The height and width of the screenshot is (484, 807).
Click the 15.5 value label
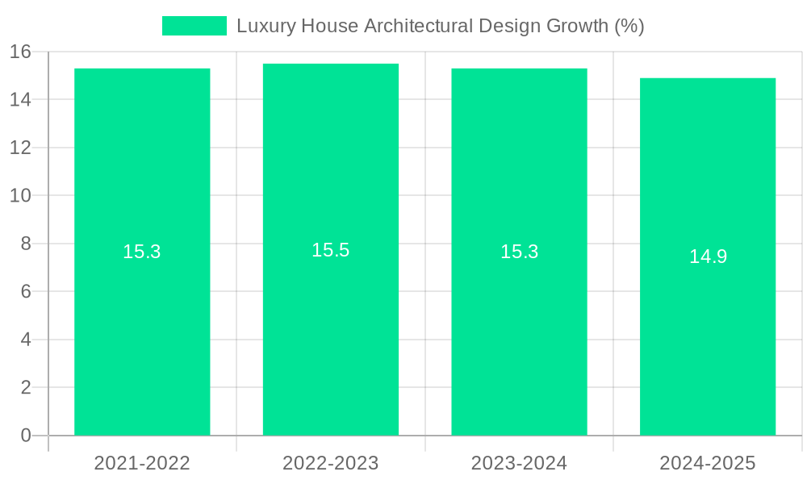pos(331,250)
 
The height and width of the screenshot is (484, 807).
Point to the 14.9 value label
pos(708,257)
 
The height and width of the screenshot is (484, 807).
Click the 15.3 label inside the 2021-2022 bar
pos(142,252)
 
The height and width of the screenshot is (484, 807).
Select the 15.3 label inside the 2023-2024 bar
pos(519,252)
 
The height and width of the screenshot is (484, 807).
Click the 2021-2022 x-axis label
pos(142,463)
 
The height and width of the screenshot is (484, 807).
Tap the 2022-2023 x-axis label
pos(331,463)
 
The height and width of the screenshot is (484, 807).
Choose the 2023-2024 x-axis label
pos(519,463)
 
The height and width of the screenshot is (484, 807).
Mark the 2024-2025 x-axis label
pos(708,463)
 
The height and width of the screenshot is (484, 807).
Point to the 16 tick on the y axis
pos(20,52)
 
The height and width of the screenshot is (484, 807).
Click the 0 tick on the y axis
pos(26,436)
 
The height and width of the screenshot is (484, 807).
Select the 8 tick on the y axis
pos(26,244)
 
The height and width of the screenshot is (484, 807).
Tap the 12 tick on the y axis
pos(20,148)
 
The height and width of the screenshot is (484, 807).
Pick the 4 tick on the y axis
pos(26,340)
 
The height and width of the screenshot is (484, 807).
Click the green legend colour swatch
pos(194,26)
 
